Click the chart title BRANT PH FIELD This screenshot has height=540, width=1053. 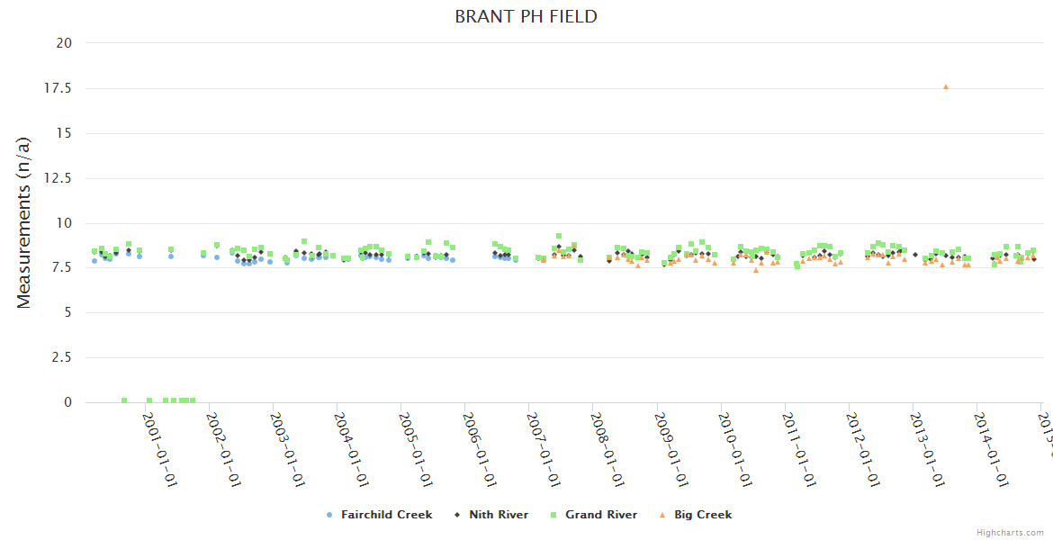(526, 17)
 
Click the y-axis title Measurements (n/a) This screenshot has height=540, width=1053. (24, 222)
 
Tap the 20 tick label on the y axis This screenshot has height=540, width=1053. (65, 43)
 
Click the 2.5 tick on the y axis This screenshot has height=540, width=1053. (62, 358)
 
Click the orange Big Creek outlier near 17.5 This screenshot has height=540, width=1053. (945, 86)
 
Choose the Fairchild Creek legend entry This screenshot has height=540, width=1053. (386, 515)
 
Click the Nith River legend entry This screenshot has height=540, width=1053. (498, 515)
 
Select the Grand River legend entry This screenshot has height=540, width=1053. (600, 515)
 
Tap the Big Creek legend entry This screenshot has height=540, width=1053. (703, 515)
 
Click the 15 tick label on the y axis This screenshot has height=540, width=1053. (65, 133)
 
